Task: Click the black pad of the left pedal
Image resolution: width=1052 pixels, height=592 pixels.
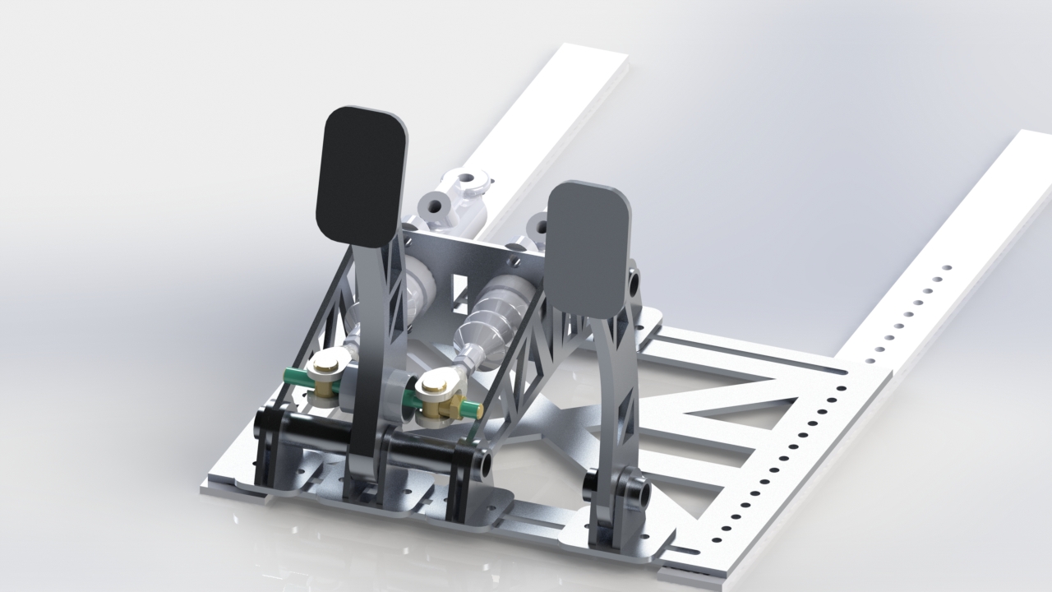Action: pyautogui.click(x=362, y=177)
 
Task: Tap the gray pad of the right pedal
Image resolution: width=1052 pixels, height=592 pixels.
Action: pyautogui.click(x=589, y=249)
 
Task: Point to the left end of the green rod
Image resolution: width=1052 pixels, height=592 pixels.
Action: pyautogui.click(x=289, y=375)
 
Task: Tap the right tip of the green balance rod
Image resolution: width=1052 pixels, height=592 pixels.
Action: pyautogui.click(x=473, y=409)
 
